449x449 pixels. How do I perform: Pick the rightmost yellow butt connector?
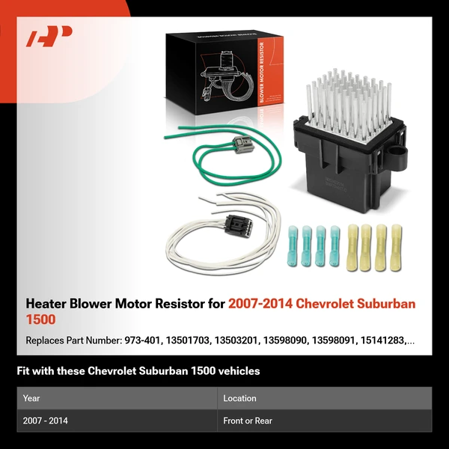click(394, 247)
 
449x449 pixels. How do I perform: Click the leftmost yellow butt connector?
click(353, 247)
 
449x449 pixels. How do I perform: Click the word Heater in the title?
click(48, 305)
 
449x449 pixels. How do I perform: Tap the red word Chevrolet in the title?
click(329, 305)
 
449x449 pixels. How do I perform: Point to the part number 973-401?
click(141, 340)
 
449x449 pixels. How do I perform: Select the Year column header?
click(32, 398)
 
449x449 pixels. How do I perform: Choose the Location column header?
click(239, 398)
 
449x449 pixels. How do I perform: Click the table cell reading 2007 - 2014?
click(46, 421)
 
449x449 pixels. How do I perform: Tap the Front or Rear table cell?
click(248, 421)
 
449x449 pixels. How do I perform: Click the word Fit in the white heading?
click(24, 371)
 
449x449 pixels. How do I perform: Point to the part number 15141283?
click(388, 340)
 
